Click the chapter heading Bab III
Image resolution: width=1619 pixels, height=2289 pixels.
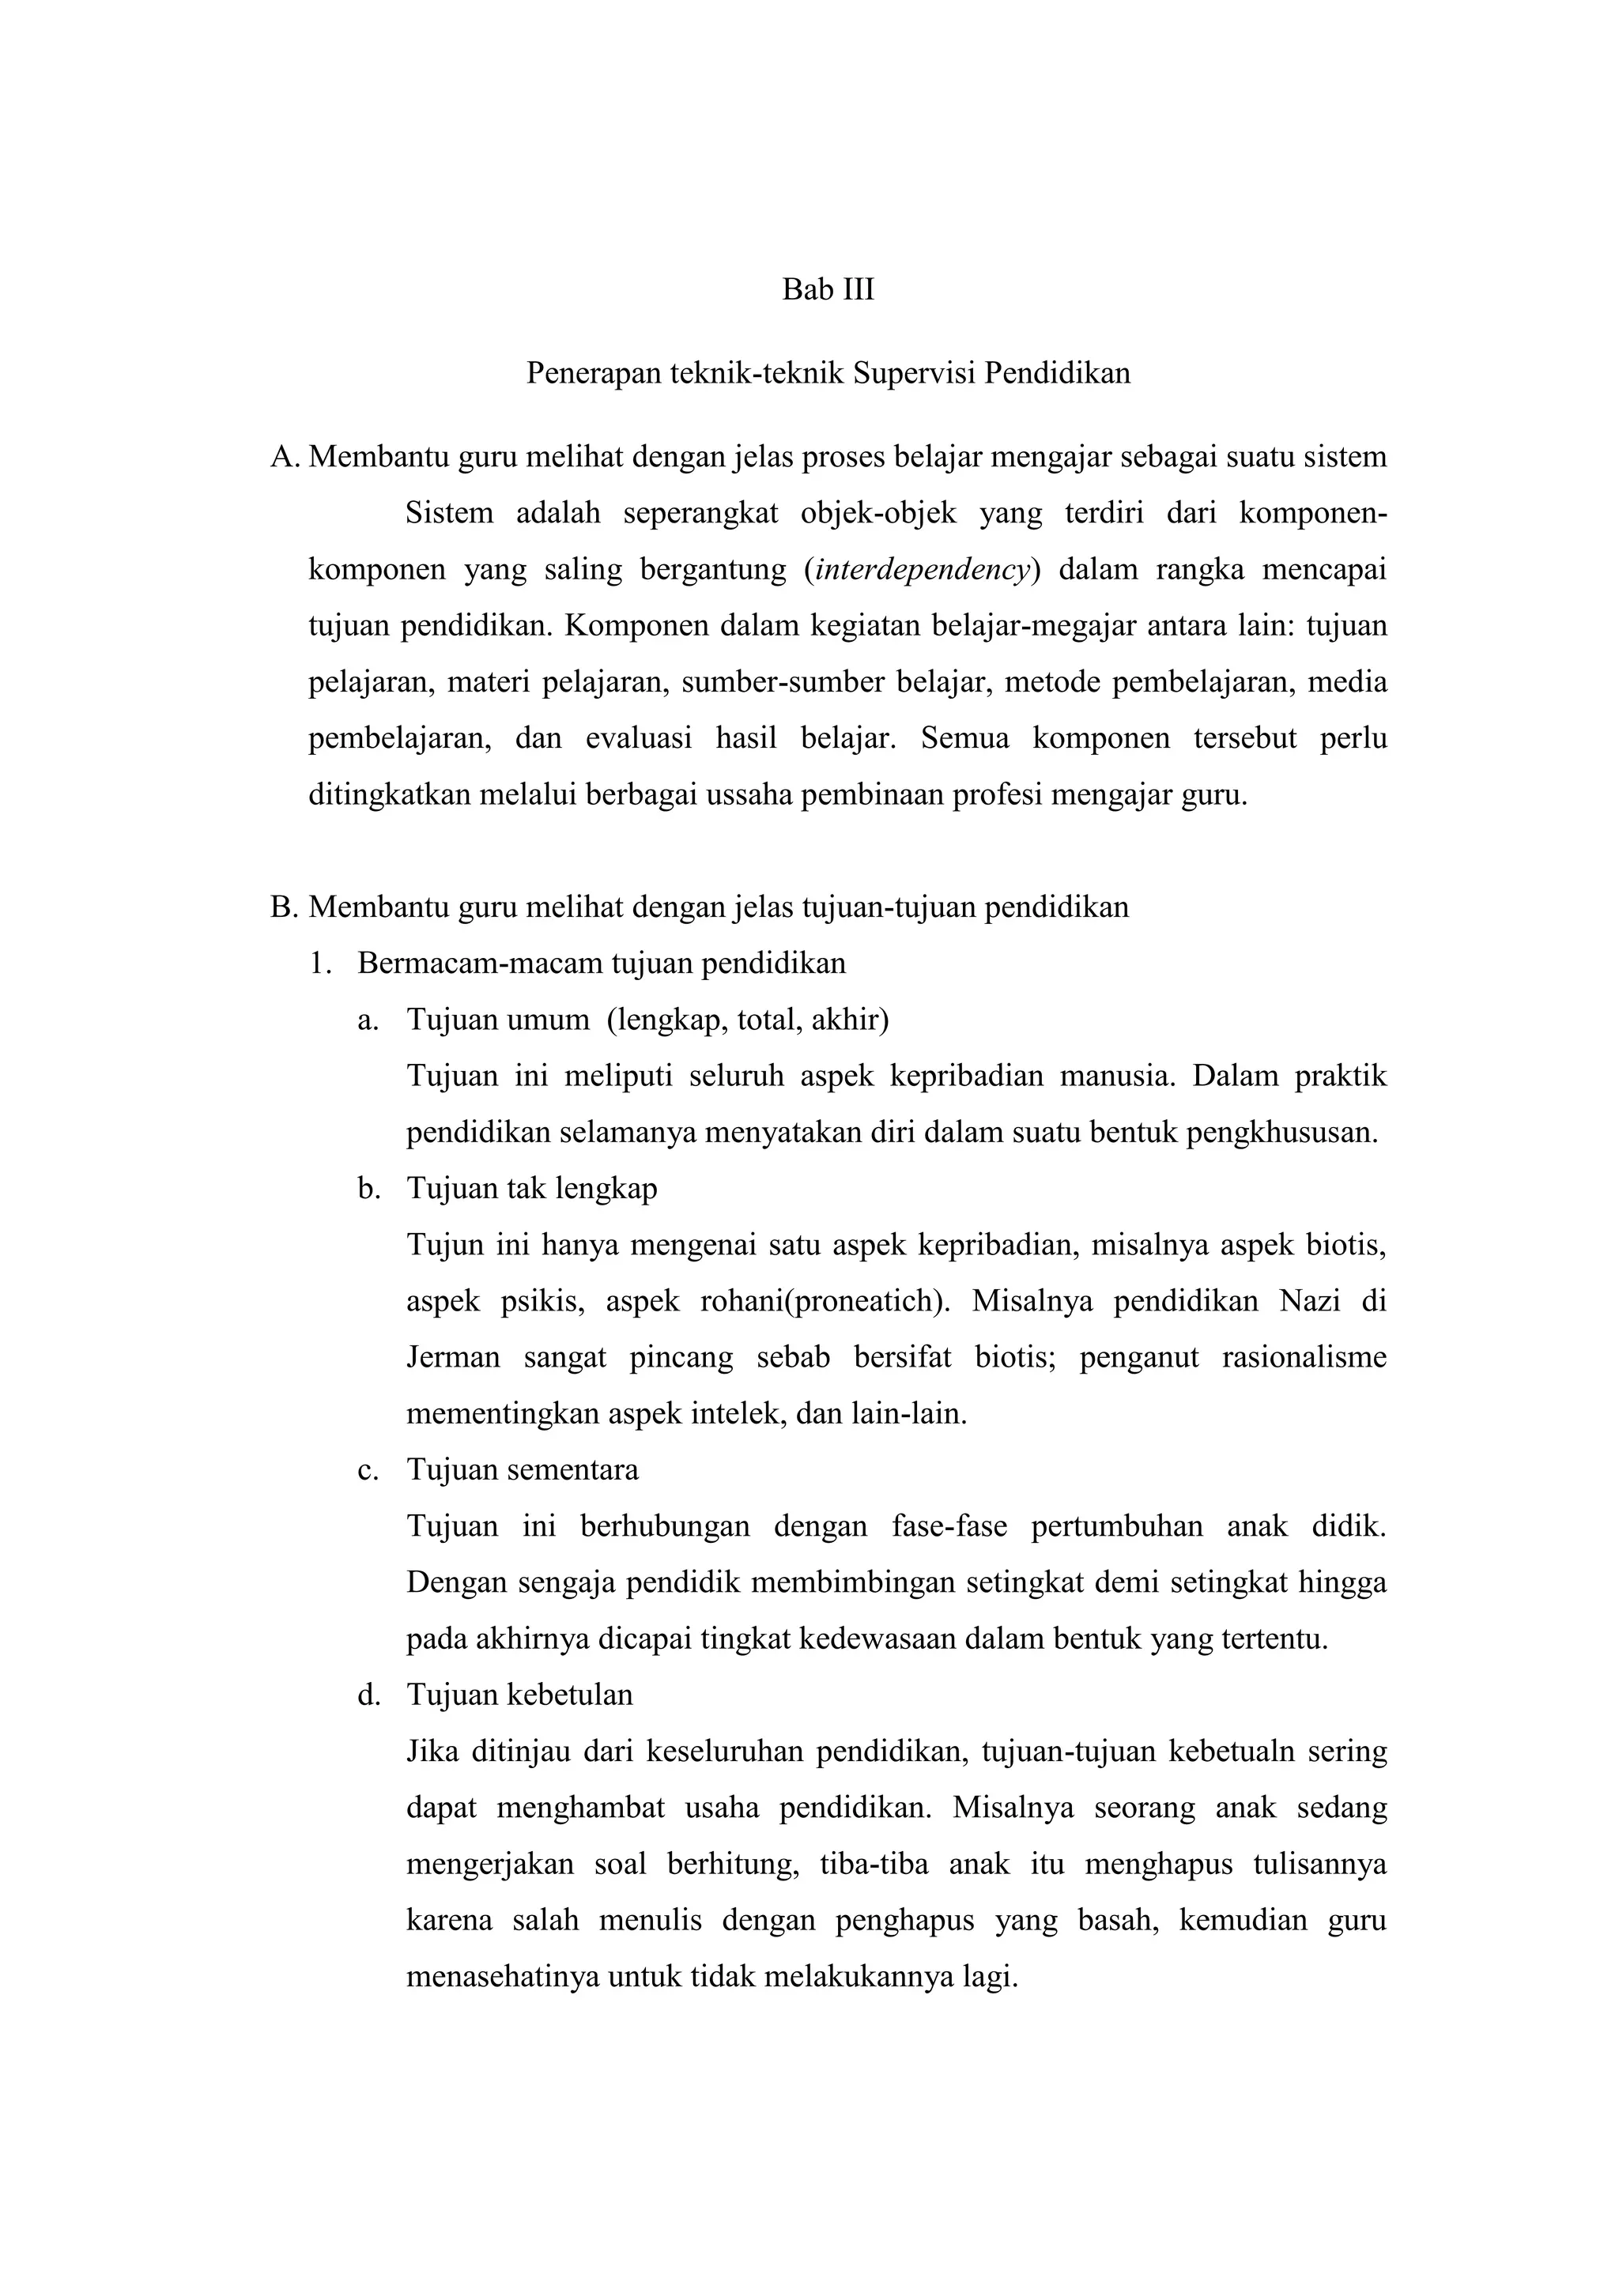[828, 290]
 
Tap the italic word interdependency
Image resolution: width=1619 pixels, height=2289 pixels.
[923, 570]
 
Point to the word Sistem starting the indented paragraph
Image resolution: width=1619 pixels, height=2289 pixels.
[450, 515]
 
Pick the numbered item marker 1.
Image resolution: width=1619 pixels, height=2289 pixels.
[320, 964]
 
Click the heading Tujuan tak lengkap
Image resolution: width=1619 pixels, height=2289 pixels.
[531, 1190]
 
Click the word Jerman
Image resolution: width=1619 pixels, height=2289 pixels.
[453, 1358]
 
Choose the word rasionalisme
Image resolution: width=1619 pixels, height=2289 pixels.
[1304, 1358]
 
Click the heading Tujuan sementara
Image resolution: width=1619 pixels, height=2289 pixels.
[523, 1470]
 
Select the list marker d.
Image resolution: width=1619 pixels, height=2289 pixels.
[369, 1696]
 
